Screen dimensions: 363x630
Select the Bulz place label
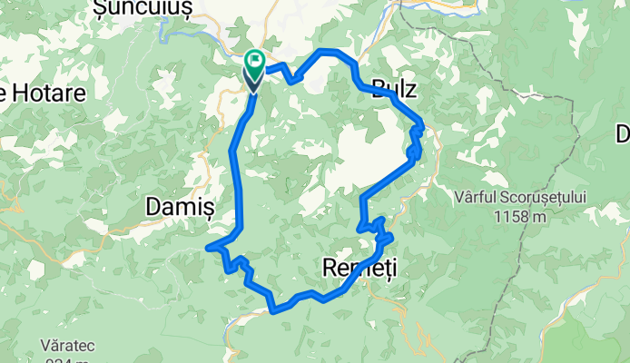(x=394, y=89)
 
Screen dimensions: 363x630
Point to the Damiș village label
(x=179, y=207)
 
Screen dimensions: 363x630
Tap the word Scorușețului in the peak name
(x=541, y=198)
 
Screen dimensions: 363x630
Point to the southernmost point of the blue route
(x=274, y=310)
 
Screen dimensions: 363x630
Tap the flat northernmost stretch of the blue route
(x=332, y=51)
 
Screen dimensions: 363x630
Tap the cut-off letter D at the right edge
(x=623, y=134)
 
